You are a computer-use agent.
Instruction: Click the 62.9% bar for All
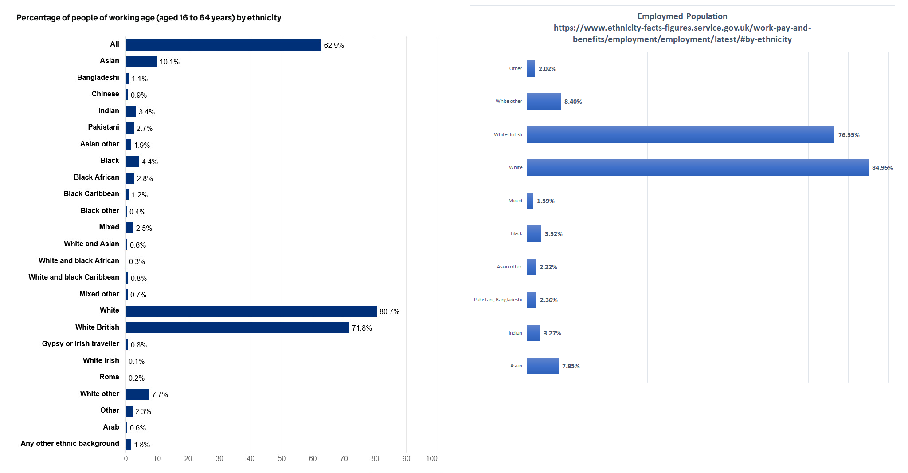point(223,45)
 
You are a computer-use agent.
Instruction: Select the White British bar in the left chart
point(237,327)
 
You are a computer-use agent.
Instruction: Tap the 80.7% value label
point(389,311)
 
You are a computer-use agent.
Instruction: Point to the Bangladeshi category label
point(98,77)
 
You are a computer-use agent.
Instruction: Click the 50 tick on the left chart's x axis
point(282,458)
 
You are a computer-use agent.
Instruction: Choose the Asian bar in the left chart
point(141,61)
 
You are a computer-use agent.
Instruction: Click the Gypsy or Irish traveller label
point(80,343)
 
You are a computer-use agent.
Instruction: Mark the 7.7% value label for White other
point(160,394)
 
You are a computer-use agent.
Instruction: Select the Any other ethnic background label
point(70,443)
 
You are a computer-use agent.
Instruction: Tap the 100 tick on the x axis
point(432,458)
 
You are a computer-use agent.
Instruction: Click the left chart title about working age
point(149,18)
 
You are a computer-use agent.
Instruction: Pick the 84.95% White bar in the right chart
point(697,168)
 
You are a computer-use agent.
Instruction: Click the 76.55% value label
point(849,135)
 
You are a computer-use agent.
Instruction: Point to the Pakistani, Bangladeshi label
point(497,300)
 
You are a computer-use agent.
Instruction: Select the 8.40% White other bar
point(544,102)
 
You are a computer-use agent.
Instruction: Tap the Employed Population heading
point(682,16)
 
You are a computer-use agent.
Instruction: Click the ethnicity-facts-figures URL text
point(682,33)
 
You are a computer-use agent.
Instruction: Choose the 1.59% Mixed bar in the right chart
point(530,201)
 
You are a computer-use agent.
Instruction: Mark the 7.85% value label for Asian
point(571,366)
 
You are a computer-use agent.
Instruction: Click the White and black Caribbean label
point(74,277)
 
